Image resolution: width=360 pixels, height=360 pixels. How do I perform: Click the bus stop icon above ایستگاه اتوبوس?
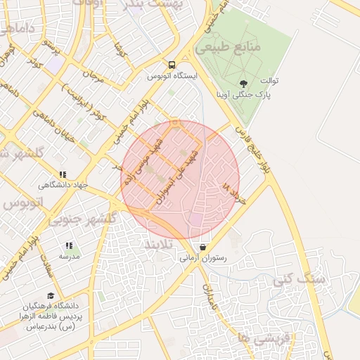pos(171,65)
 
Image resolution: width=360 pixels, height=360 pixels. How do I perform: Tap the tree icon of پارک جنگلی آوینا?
pos(244,82)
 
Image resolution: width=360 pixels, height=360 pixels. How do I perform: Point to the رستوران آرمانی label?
pos(204,259)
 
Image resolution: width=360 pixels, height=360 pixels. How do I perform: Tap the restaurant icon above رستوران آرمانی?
pos(203,247)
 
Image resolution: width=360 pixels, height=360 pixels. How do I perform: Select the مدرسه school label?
pos(69,257)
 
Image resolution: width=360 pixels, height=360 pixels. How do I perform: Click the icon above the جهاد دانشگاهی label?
pos(63,174)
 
